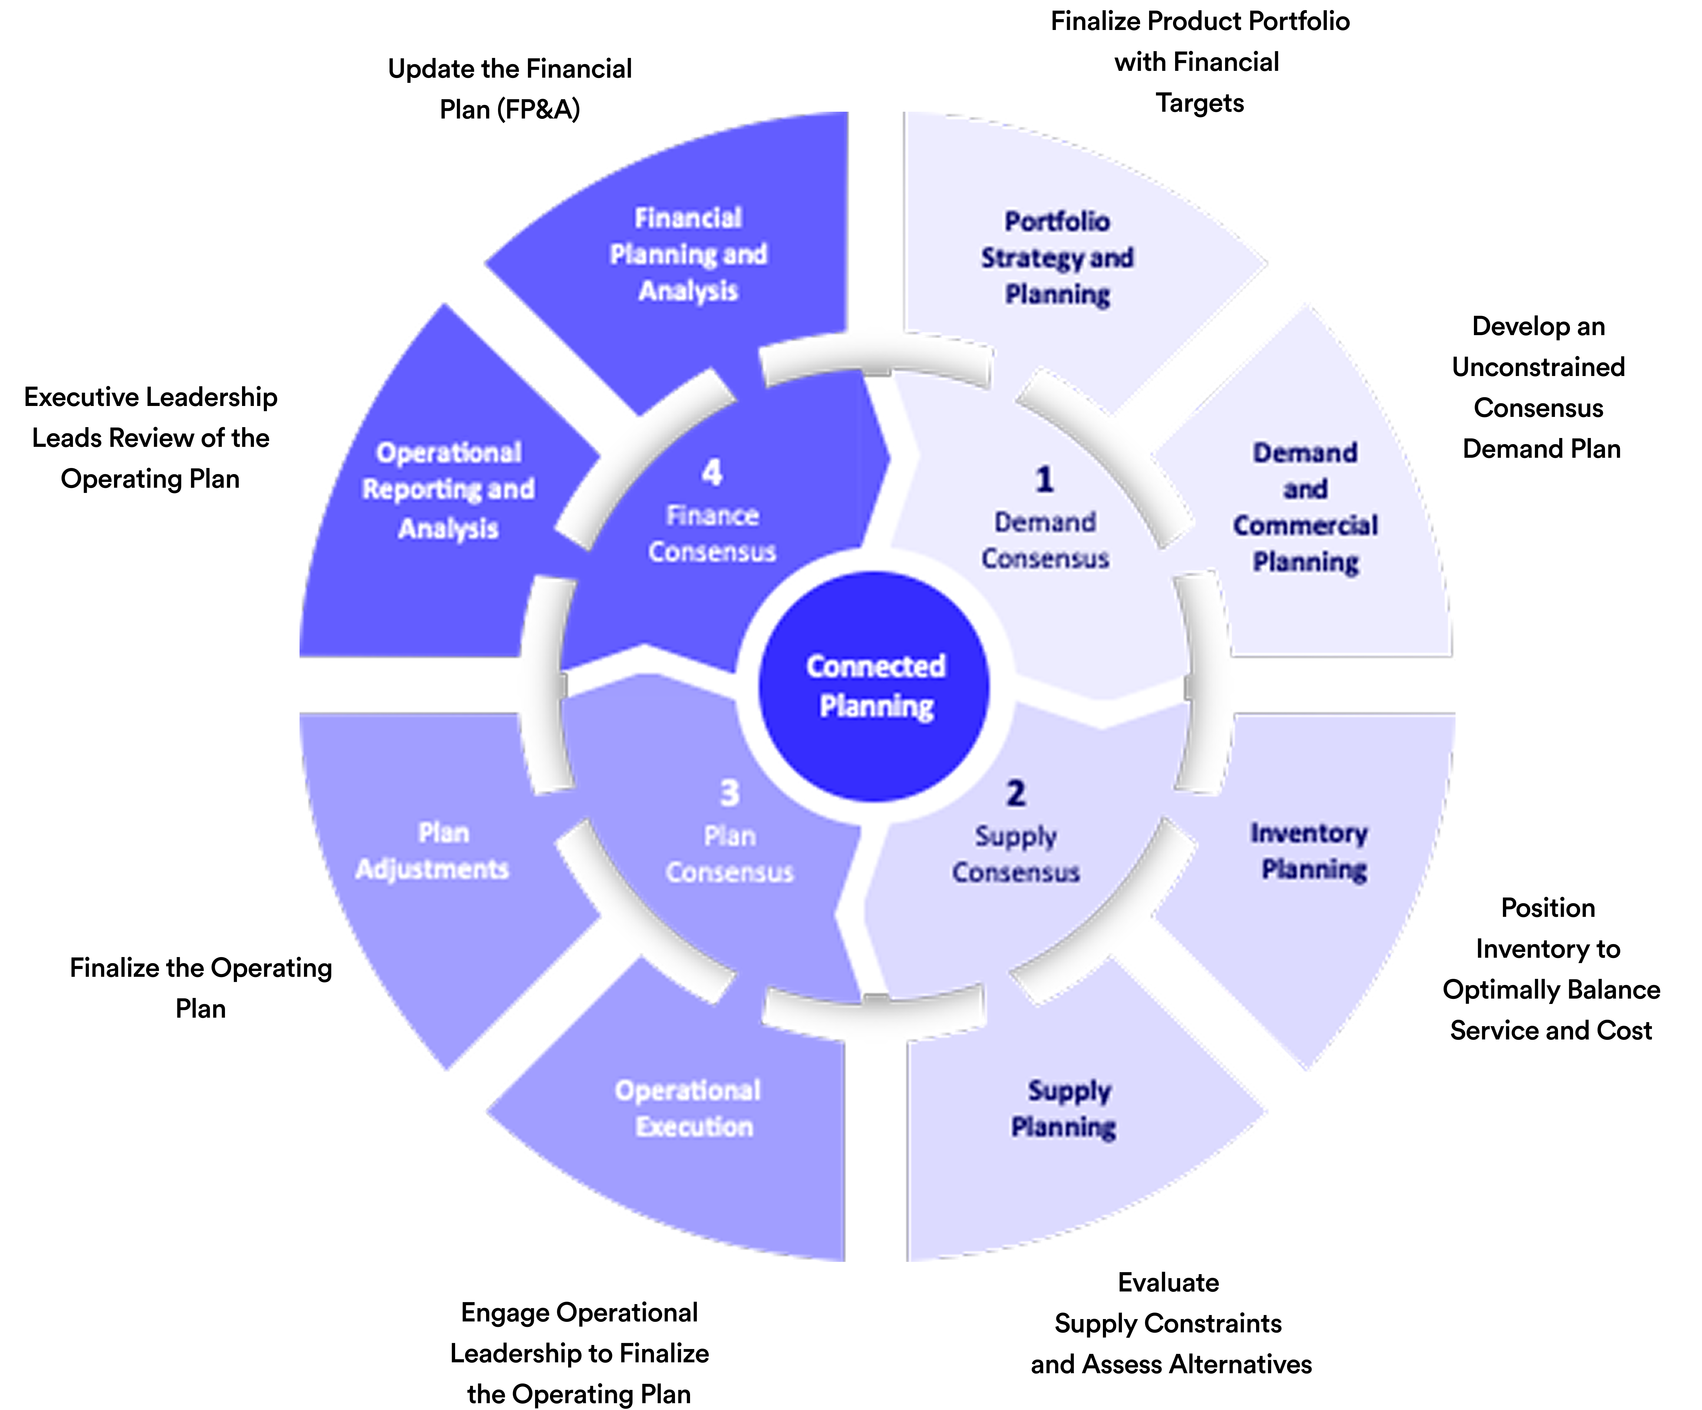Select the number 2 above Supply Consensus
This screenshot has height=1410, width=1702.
pyautogui.click(x=1015, y=793)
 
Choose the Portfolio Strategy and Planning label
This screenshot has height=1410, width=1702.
pyautogui.click(x=1057, y=258)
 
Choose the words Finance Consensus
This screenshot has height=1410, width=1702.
pyautogui.click(x=711, y=533)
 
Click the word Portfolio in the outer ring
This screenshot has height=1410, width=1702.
pyautogui.click(x=1057, y=221)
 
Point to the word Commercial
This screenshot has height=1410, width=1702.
pyautogui.click(x=1305, y=526)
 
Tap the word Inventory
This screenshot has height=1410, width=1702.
pyautogui.click(x=1309, y=833)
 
